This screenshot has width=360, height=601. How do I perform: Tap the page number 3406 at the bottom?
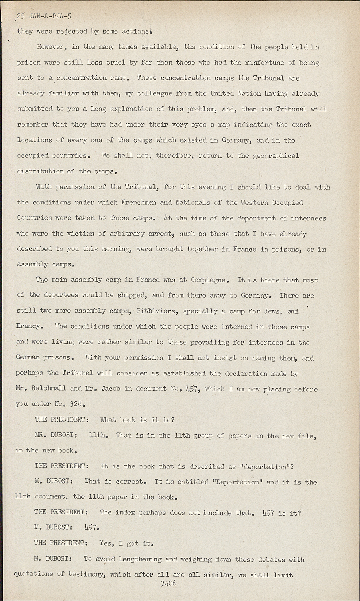(168, 583)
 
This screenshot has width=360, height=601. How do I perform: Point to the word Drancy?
(29, 326)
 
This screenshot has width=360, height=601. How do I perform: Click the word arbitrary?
(119, 234)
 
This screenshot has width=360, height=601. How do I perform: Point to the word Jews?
(273, 311)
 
